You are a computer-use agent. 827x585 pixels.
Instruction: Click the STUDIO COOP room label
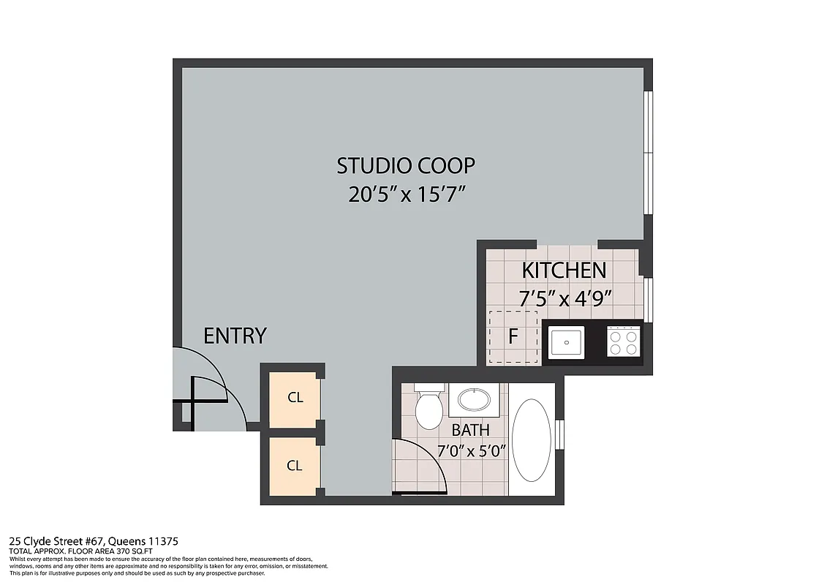pyautogui.click(x=405, y=166)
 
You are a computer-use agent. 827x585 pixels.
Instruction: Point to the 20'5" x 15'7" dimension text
pyautogui.click(x=407, y=196)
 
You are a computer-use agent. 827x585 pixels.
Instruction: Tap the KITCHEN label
pyautogui.click(x=564, y=271)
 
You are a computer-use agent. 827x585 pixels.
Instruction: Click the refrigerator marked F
pyautogui.click(x=513, y=338)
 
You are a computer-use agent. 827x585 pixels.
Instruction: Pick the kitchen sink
pyautogui.click(x=566, y=342)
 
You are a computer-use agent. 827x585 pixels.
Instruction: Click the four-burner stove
pyautogui.click(x=623, y=341)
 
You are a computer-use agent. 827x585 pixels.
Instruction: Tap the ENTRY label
pyautogui.click(x=235, y=336)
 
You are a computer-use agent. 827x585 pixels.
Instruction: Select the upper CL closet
pyautogui.click(x=294, y=399)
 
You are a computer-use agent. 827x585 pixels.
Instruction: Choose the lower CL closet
pyautogui.click(x=294, y=466)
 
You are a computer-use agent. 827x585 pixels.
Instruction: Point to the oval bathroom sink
pyautogui.click(x=475, y=399)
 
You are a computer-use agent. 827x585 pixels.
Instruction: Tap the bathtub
pyautogui.click(x=531, y=439)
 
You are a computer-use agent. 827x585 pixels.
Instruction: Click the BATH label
pyautogui.click(x=470, y=430)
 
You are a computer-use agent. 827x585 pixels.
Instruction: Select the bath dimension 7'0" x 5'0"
pyautogui.click(x=472, y=450)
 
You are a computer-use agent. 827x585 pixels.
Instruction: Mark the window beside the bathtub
pyautogui.click(x=559, y=433)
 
